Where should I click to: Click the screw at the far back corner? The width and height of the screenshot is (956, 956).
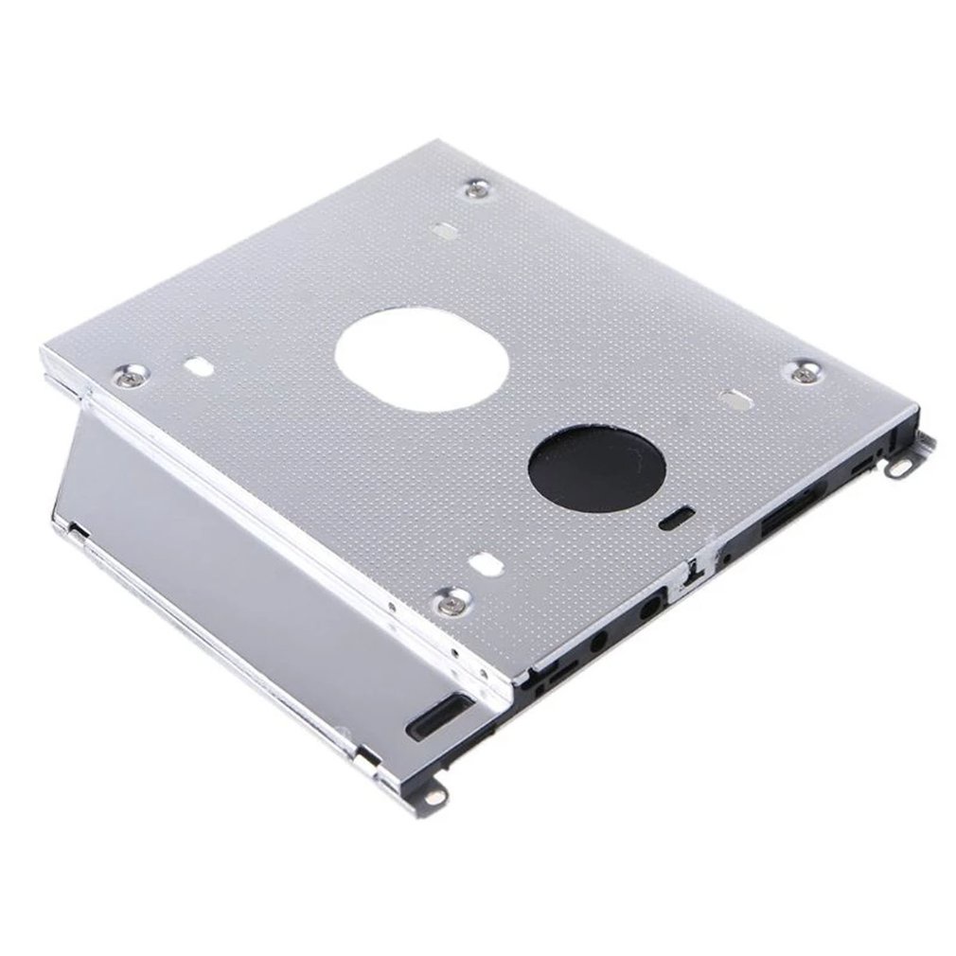pos(476,192)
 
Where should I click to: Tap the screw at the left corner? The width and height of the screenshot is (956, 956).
pos(130,376)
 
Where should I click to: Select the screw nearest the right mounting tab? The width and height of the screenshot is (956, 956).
pos(806,372)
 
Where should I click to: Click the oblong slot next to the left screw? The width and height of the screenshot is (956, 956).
pos(199,364)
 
